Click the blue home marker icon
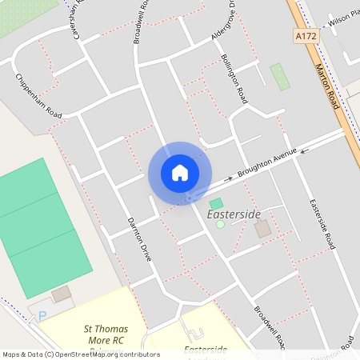pos(180,173)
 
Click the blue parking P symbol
pos(42,316)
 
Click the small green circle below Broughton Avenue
pos(221,224)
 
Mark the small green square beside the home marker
pos(216,204)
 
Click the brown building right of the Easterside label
pos(262,229)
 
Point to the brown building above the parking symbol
pos(61,294)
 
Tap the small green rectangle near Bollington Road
pos(279,77)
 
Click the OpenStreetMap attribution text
pos(80,354)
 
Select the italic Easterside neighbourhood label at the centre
pos(234,215)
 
